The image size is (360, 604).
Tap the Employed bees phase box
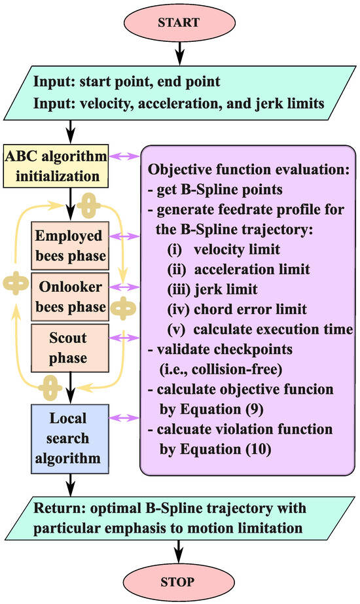point(69,245)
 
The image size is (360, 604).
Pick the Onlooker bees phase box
point(69,298)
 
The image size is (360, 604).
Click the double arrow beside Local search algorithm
point(124,417)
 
